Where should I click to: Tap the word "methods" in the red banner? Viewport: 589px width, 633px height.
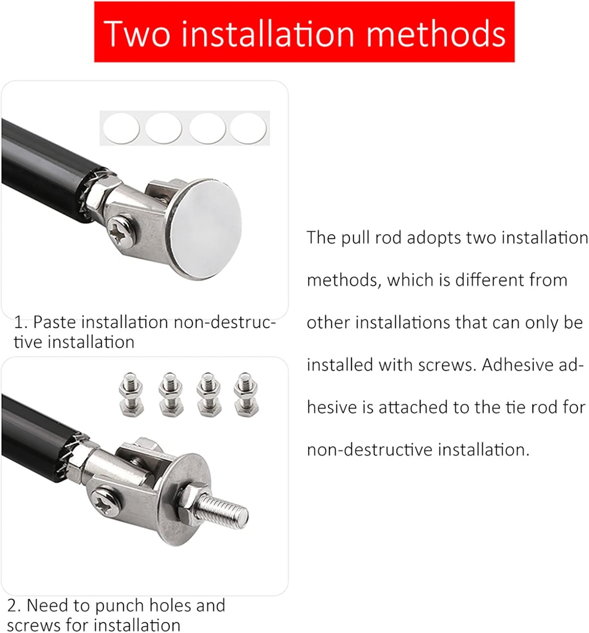(x=436, y=33)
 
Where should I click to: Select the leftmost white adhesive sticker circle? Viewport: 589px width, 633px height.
(x=122, y=128)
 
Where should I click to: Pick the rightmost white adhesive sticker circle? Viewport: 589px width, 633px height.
(x=248, y=128)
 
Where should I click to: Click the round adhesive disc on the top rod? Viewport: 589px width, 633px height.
(x=205, y=229)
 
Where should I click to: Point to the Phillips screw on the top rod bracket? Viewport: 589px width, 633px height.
(x=122, y=230)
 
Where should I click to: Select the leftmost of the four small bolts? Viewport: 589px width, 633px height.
(x=131, y=395)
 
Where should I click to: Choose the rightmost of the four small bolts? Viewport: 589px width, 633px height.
(x=246, y=395)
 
